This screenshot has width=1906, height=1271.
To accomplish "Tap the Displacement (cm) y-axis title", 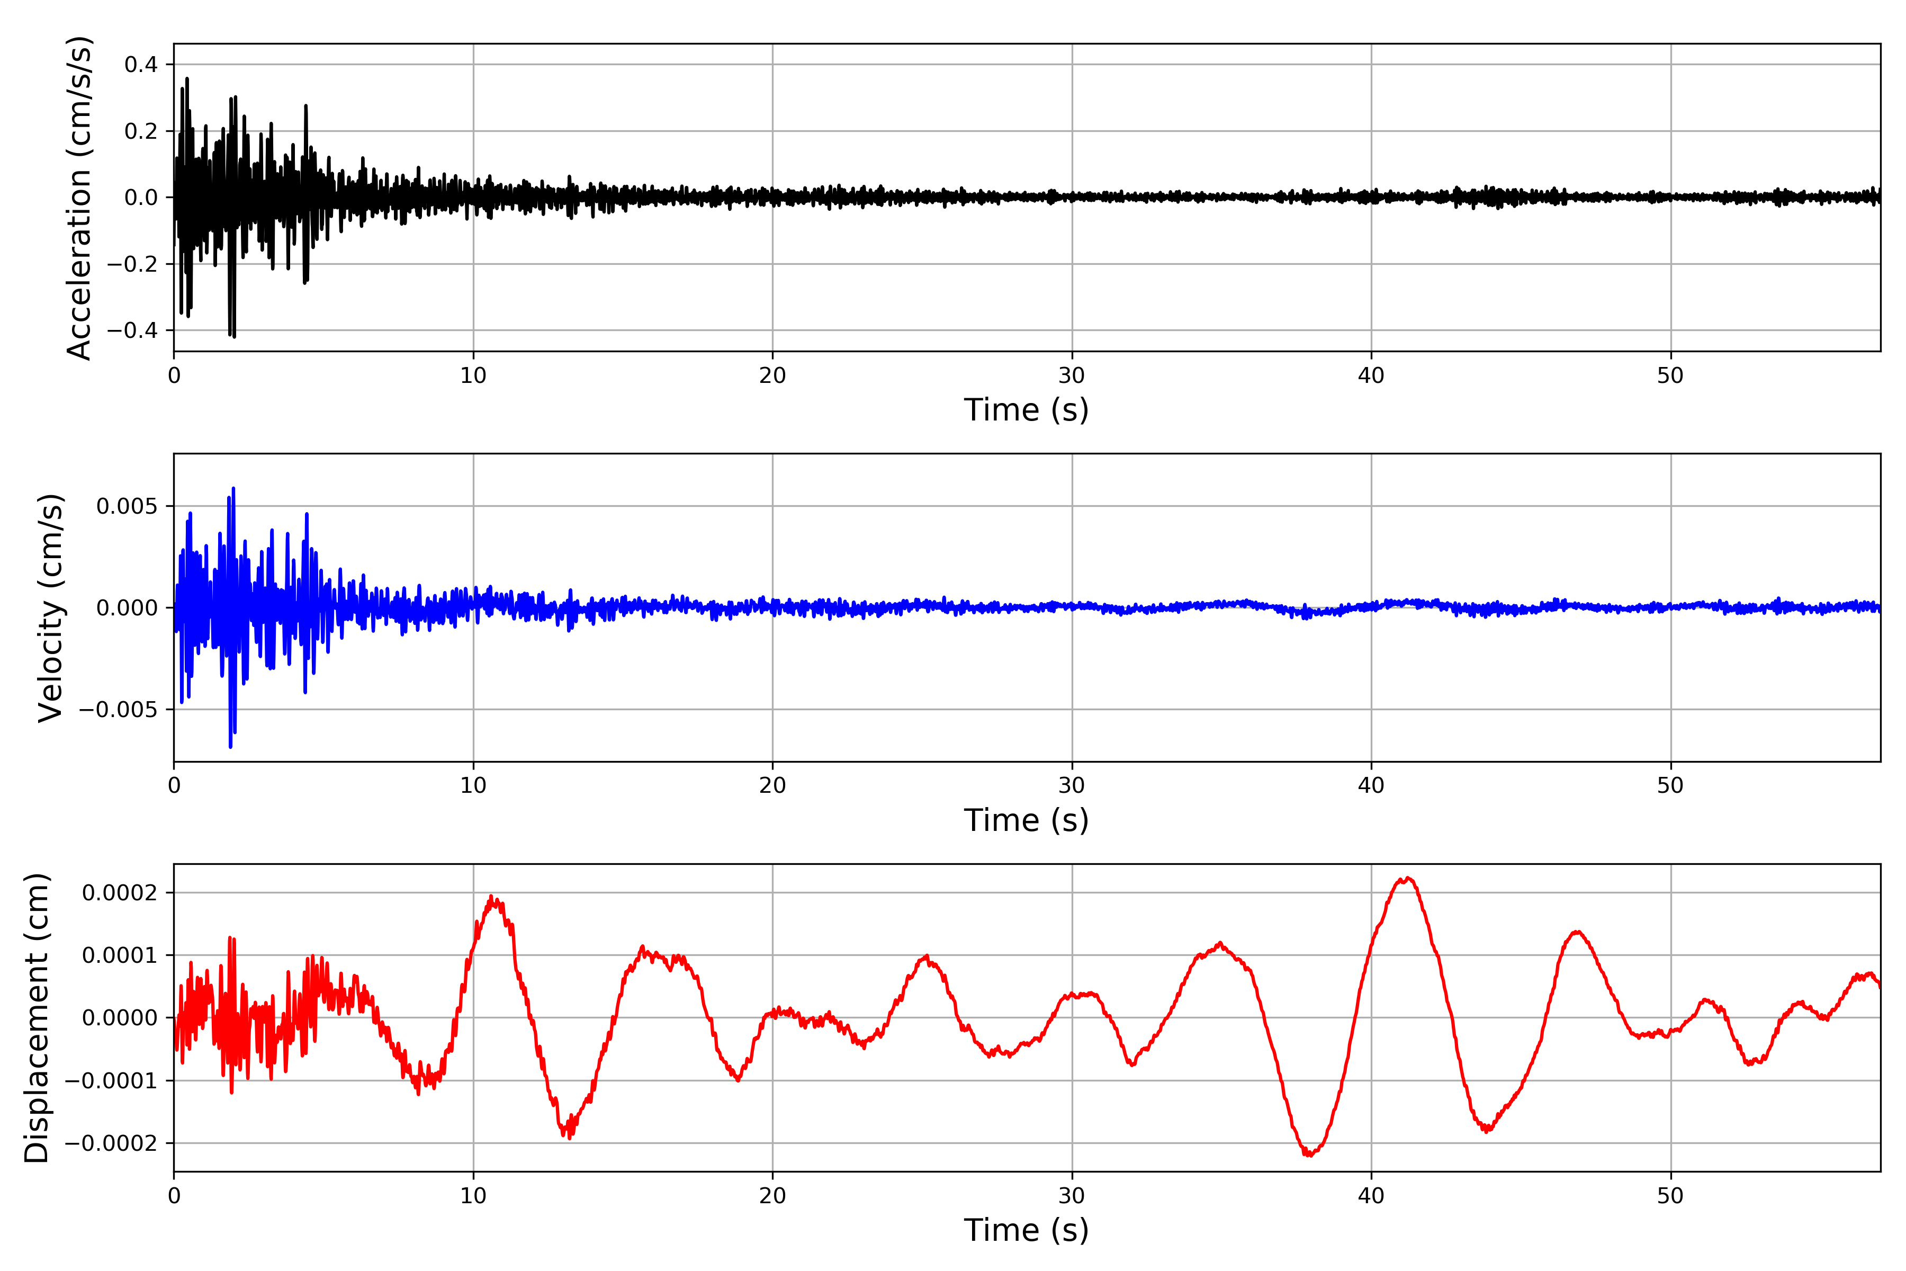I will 37,1017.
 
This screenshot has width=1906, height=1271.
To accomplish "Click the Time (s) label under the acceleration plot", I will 1026,410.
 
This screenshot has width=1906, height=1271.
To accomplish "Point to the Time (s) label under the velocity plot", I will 1026,820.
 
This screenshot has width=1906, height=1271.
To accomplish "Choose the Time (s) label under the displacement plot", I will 1026,1230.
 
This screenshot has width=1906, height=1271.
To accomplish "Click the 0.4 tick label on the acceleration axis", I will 141,65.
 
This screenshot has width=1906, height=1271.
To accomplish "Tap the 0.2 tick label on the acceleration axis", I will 141,131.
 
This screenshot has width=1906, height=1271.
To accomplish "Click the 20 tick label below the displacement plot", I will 772,1196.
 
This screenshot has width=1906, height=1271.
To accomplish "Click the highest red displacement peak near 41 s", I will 1408,879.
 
